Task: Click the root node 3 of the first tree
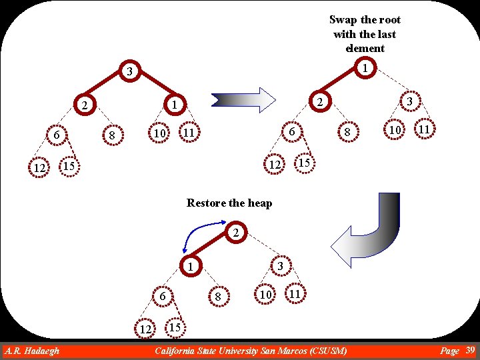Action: click(x=131, y=71)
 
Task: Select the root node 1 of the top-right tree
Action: click(x=365, y=67)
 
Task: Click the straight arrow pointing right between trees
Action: click(x=243, y=100)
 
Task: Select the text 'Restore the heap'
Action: click(x=229, y=203)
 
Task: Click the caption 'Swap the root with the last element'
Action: click(x=365, y=34)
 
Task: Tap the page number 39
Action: click(x=469, y=350)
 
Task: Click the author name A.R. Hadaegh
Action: click(x=32, y=351)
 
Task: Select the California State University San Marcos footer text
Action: click(x=251, y=351)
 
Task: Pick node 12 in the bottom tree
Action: click(x=145, y=329)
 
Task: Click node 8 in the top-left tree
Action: click(x=113, y=135)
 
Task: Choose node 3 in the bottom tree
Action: click(x=281, y=266)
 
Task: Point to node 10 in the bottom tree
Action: click(x=265, y=294)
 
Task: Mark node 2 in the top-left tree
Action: click(x=83, y=105)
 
